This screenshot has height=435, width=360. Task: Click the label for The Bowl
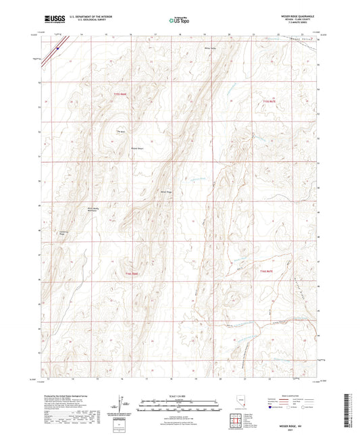[x=122, y=131]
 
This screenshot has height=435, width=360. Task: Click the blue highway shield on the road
[x=59, y=47]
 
